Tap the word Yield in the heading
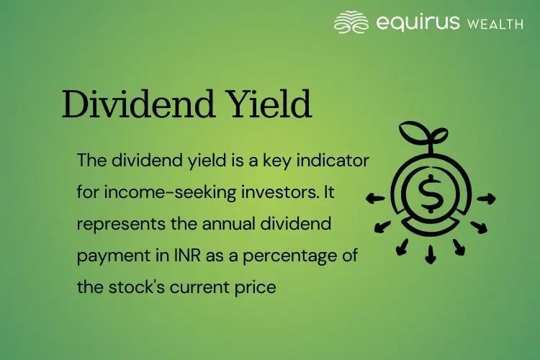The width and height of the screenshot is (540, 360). (x=269, y=106)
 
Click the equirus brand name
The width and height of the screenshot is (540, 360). (x=417, y=24)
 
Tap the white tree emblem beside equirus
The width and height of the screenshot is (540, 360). (x=352, y=23)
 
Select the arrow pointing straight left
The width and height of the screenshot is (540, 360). (x=374, y=197)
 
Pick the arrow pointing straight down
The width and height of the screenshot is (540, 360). (x=431, y=254)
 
